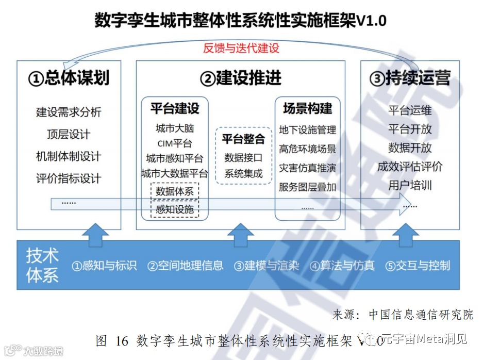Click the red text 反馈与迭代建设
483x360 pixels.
coord(241,48)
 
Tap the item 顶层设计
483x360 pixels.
coord(69,134)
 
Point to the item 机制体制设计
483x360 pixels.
coord(69,156)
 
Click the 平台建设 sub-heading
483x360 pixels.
coord(175,108)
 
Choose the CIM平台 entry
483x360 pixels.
coord(175,143)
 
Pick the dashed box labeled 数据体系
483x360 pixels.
coord(175,191)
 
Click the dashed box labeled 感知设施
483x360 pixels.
coord(175,209)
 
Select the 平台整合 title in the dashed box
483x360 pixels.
coord(243,139)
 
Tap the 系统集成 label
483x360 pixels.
coord(243,174)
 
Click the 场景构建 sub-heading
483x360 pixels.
coord(307,108)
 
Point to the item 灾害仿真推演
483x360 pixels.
coord(307,168)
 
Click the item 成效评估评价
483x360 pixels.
coord(410,167)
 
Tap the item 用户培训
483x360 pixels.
coord(410,185)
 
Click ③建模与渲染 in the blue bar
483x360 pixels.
coord(267,266)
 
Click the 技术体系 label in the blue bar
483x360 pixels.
coord(42,266)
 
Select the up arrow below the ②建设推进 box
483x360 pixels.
coord(241,235)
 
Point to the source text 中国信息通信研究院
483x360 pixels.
coord(421,314)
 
